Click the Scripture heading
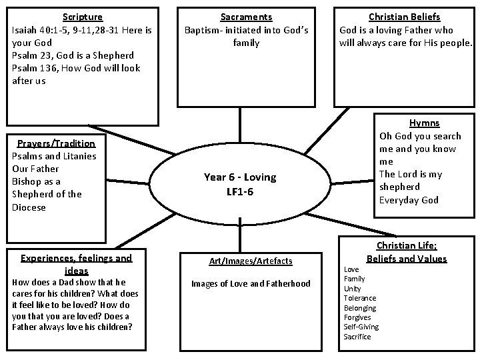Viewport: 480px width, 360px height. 83,16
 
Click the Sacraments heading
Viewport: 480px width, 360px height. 247,17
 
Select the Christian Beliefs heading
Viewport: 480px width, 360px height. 405,17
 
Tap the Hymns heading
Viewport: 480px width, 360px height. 424,123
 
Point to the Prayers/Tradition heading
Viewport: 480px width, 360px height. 56,143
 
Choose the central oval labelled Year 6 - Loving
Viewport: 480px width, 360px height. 240,185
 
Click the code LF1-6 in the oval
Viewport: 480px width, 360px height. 239,193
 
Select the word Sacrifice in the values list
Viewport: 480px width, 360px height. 357,337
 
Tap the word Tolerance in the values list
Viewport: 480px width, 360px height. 360,298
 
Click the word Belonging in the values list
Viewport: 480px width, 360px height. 360,308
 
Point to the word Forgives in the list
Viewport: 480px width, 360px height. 358,317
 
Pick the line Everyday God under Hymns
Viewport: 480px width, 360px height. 409,200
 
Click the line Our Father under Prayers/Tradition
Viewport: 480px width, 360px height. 36,169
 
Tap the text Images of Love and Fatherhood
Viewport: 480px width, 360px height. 251,283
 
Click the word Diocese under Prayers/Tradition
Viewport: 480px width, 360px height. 29,207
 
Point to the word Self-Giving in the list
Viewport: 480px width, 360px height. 361,327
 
